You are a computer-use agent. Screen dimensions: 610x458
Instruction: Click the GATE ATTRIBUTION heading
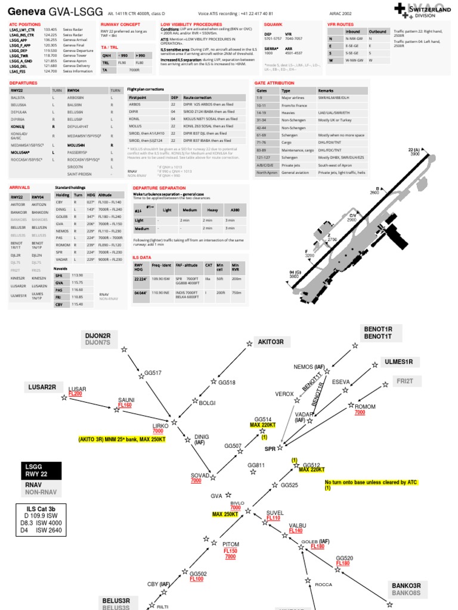click(x=274, y=83)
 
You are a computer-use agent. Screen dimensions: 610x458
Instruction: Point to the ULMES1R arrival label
click(x=403, y=362)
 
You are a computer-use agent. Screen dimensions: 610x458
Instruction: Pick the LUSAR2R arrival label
click(x=42, y=387)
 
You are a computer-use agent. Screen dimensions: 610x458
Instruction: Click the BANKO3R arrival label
click(x=406, y=586)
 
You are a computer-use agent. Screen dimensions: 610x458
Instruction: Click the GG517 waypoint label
click(x=153, y=374)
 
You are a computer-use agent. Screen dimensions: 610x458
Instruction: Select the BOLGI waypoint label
click(x=207, y=403)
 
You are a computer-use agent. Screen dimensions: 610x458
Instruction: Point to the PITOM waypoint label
click(x=231, y=544)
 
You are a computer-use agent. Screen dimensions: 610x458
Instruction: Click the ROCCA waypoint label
click(x=323, y=584)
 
